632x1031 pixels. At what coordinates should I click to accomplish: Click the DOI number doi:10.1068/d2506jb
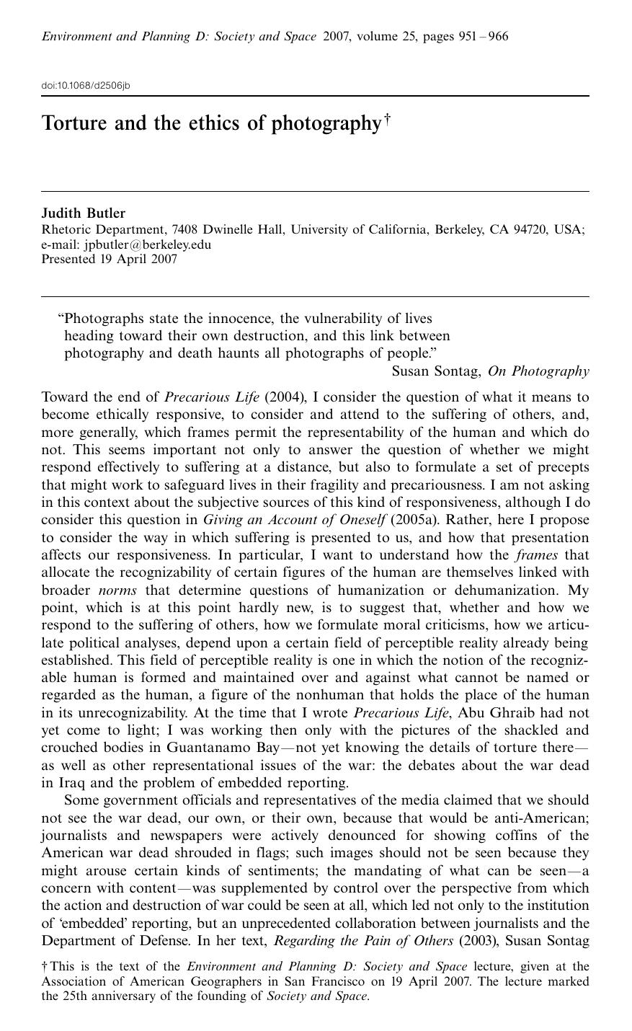86,86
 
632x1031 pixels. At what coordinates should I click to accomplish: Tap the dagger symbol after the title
387,118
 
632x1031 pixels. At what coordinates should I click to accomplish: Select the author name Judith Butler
84,213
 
